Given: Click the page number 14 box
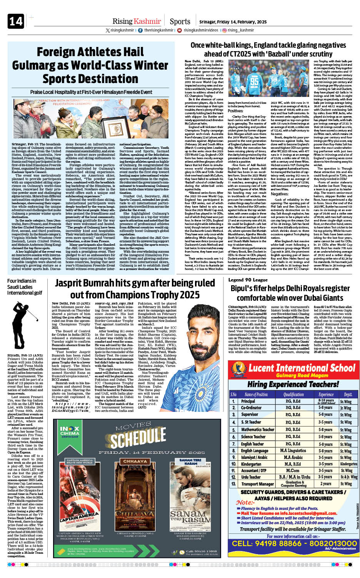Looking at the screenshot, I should (x=16, y=21).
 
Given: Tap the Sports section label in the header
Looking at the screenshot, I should (x=180, y=22).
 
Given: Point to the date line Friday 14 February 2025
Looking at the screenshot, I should (x=233, y=22).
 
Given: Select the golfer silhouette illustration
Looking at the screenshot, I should (x=24, y=319).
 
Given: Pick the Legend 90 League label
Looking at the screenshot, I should (x=248, y=280).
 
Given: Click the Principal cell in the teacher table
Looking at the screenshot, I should (x=248, y=401).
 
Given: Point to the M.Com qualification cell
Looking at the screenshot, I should (x=293, y=470).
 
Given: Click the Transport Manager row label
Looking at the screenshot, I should (x=257, y=484).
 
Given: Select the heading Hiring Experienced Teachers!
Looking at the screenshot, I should (x=293, y=384).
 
